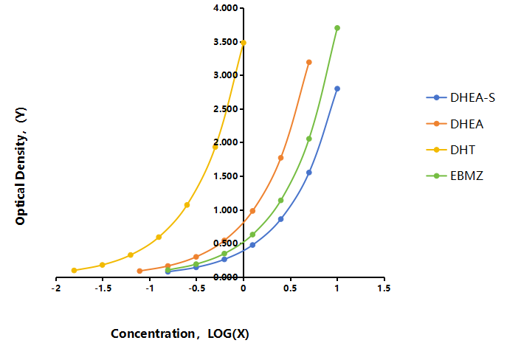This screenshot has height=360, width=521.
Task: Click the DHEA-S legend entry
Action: click(x=460, y=97)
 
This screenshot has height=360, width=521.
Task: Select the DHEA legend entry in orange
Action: click(x=455, y=124)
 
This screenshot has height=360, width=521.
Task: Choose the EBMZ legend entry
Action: click(x=455, y=176)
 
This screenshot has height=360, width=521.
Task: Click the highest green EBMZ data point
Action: click(x=337, y=28)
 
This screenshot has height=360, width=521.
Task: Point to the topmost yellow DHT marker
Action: click(x=244, y=43)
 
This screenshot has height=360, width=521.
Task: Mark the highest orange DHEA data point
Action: click(x=309, y=62)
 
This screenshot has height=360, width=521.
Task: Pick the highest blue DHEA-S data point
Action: click(x=337, y=89)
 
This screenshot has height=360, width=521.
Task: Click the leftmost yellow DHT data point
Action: click(x=74, y=270)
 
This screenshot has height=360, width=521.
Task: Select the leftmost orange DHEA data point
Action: click(x=139, y=271)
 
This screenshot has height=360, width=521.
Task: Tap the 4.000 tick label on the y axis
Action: click(x=226, y=8)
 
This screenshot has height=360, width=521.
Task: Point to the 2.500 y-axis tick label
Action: click(x=226, y=109)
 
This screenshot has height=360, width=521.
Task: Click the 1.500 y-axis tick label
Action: click(x=226, y=176)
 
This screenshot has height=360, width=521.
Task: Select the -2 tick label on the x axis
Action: click(x=56, y=288)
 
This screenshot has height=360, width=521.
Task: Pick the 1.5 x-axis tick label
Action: click(x=384, y=288)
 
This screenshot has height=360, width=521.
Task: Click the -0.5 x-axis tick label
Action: click(x=197, y=288)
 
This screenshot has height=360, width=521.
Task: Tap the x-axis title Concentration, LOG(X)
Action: click(x=180, y=333)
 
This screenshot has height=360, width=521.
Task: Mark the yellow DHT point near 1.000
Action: click(x=187, y=205)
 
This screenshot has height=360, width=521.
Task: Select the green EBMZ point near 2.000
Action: click(x=309, y=139)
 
